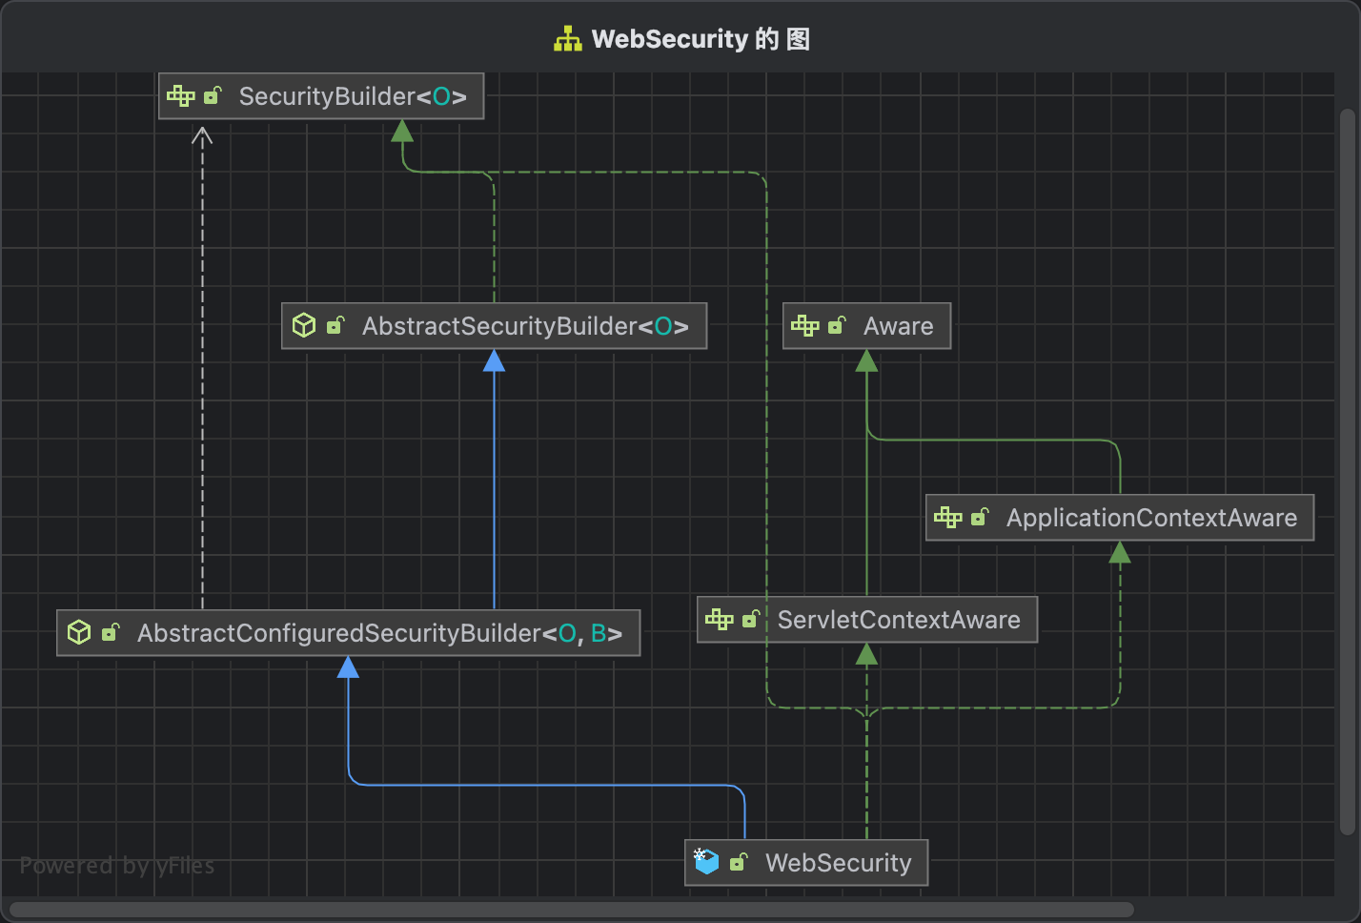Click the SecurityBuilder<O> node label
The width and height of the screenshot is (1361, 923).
point(353,96)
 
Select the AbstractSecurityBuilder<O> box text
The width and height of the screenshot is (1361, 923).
point(525,326)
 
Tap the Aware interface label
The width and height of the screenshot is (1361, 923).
point(898,326)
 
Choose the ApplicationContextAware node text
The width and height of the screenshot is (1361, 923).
point(1151,518)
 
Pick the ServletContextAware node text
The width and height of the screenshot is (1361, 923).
point(899,620)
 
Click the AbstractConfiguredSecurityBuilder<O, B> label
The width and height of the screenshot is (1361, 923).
point(379,633)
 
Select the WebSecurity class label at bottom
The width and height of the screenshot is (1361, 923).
point(838,863)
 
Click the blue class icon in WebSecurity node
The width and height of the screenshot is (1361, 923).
point(706,862)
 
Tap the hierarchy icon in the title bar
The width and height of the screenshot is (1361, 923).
point(568,39)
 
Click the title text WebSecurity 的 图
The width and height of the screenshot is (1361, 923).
point(701,39)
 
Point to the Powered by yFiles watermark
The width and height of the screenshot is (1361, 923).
point(117,866)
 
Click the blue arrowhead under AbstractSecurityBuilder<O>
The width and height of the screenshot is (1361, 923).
point(494,361)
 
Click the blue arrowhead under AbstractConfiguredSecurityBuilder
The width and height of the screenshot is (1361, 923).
point(349,667)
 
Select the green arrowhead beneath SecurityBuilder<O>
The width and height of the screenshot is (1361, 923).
point(402,131)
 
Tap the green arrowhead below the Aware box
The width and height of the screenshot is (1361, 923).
point(866,361)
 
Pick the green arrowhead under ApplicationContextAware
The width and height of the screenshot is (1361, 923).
point(1120,553)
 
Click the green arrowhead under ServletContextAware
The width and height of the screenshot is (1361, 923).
point(866,654)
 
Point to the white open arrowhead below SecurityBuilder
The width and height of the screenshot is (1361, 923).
point(202,136)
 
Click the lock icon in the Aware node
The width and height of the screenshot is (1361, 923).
point(837,326)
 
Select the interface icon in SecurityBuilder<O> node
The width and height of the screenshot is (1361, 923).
point(180,96)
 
